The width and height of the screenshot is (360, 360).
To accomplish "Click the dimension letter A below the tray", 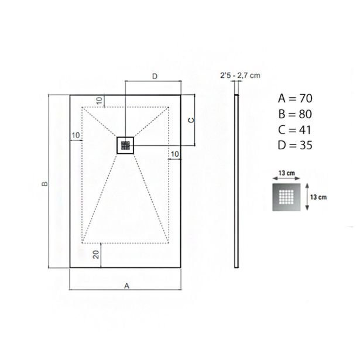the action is pyautogui.click(x=127, y=286).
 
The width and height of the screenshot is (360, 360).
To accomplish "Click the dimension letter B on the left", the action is pyautogui.click(x=45, y=184).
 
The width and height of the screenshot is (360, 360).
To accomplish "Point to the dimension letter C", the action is pyautogui.click(x=191, y=120).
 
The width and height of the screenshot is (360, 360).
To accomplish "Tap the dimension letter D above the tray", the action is pyautogui.click(x=155, y=76).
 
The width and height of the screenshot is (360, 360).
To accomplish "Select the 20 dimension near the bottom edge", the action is pyautogui.click(x=96, y=255).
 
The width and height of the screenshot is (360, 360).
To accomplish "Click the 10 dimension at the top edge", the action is pyautogui.click(x=99, y=100).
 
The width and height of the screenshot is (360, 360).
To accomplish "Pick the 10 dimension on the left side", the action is pyautogui.click(x=76, y=135).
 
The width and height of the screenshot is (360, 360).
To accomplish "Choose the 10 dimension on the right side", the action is pyautogui.click(x=175, y=154).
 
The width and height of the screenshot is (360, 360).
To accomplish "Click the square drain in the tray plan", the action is pyautogui.click(x=125, y=145).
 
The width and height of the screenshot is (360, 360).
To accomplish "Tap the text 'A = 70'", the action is pyautogui.click(x=295, y=98).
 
